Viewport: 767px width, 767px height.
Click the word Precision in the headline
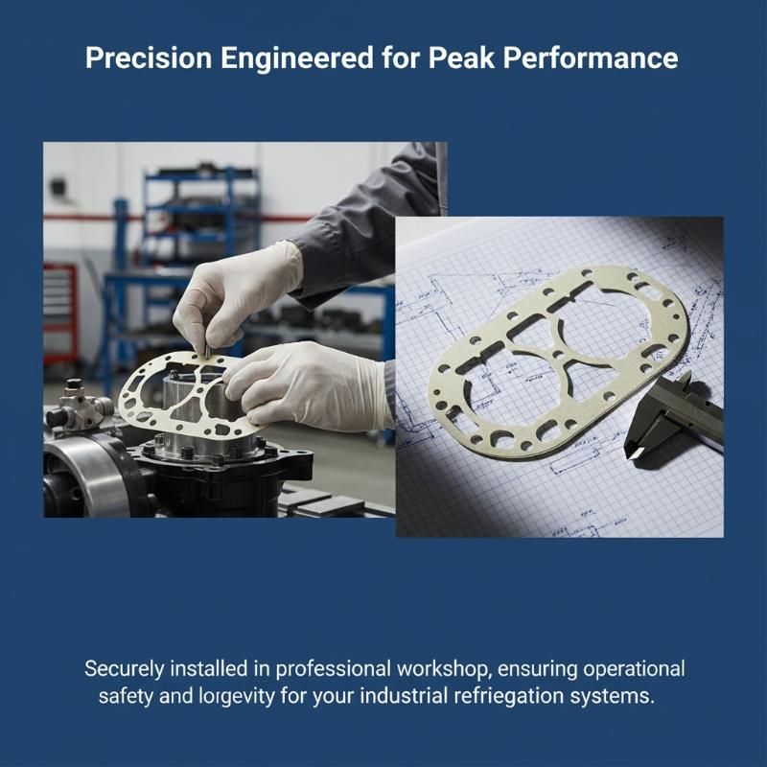[x=149, y=58]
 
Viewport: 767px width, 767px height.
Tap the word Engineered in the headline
[x=297, y=58]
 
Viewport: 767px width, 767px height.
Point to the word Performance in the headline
[x=591, y=58]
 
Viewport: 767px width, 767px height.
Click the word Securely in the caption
[x=124, y=669]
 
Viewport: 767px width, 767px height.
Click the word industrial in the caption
[x=404, y=696]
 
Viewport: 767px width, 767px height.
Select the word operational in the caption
[x=635, y=669]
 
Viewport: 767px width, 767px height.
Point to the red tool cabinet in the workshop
[x=60, y=314]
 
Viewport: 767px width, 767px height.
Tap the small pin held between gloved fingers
[x=207, y=350]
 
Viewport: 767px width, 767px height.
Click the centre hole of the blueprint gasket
[x=559, y=354]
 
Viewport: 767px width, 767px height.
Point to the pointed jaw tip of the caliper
[x=631, y=456]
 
